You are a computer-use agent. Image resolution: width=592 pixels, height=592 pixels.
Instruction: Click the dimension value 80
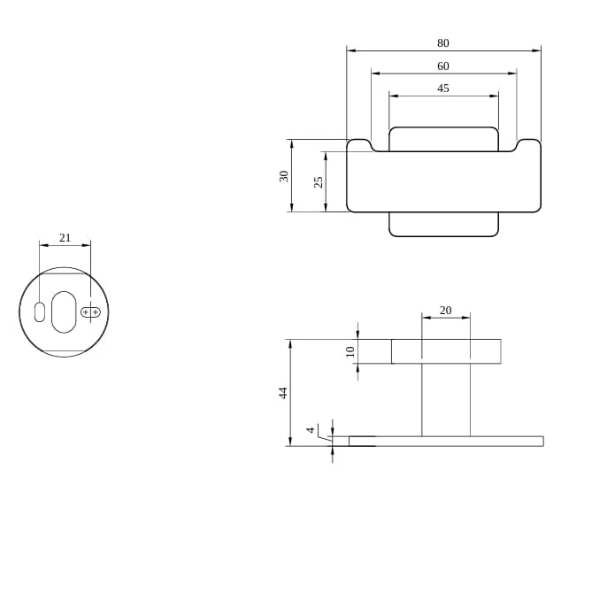(x=443, y=43)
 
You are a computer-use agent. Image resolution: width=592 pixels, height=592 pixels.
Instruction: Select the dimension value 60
(x=443, y=66)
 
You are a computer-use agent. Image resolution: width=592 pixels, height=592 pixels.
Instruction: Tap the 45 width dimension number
(x=443, y=88)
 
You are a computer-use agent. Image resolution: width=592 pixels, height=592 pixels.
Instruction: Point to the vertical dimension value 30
(x=283, y=176)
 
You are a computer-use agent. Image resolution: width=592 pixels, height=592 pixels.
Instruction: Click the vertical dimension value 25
(x=319, y=182)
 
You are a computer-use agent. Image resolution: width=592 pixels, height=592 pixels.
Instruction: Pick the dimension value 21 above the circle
(x=65, y=237)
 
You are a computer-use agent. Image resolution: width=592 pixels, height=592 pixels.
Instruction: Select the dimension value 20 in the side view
(x=445, y=310)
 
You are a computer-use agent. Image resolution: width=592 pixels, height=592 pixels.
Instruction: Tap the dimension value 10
(x=350, y=351)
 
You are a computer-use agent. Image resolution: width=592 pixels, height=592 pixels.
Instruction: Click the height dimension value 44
(x=283, y=393)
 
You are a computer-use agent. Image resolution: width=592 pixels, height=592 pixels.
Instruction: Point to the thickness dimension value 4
(x=311, y=430)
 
